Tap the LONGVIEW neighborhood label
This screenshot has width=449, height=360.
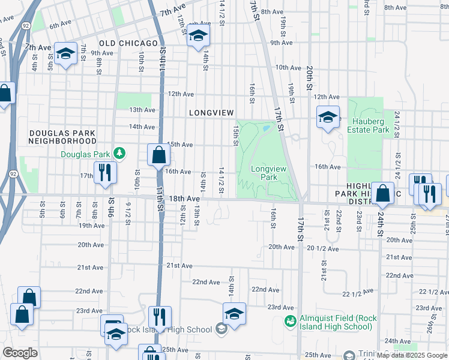211,113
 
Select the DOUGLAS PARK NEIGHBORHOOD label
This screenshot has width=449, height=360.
62,136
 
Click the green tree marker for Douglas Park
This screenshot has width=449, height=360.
120,154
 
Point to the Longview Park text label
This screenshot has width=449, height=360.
264,173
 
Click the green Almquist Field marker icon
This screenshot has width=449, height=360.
290,322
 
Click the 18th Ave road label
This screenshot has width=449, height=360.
184,199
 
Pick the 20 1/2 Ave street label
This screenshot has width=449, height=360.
322,248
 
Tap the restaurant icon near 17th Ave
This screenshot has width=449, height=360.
106,172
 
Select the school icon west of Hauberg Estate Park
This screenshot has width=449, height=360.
328,117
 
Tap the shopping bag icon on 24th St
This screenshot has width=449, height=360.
382,193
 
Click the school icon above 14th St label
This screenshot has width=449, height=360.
198,36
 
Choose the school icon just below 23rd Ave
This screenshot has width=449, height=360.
234,313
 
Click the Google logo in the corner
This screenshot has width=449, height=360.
19,353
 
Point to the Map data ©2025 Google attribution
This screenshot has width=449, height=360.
412,355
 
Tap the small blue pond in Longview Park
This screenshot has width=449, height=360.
265,128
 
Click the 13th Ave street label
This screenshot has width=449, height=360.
142,110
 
